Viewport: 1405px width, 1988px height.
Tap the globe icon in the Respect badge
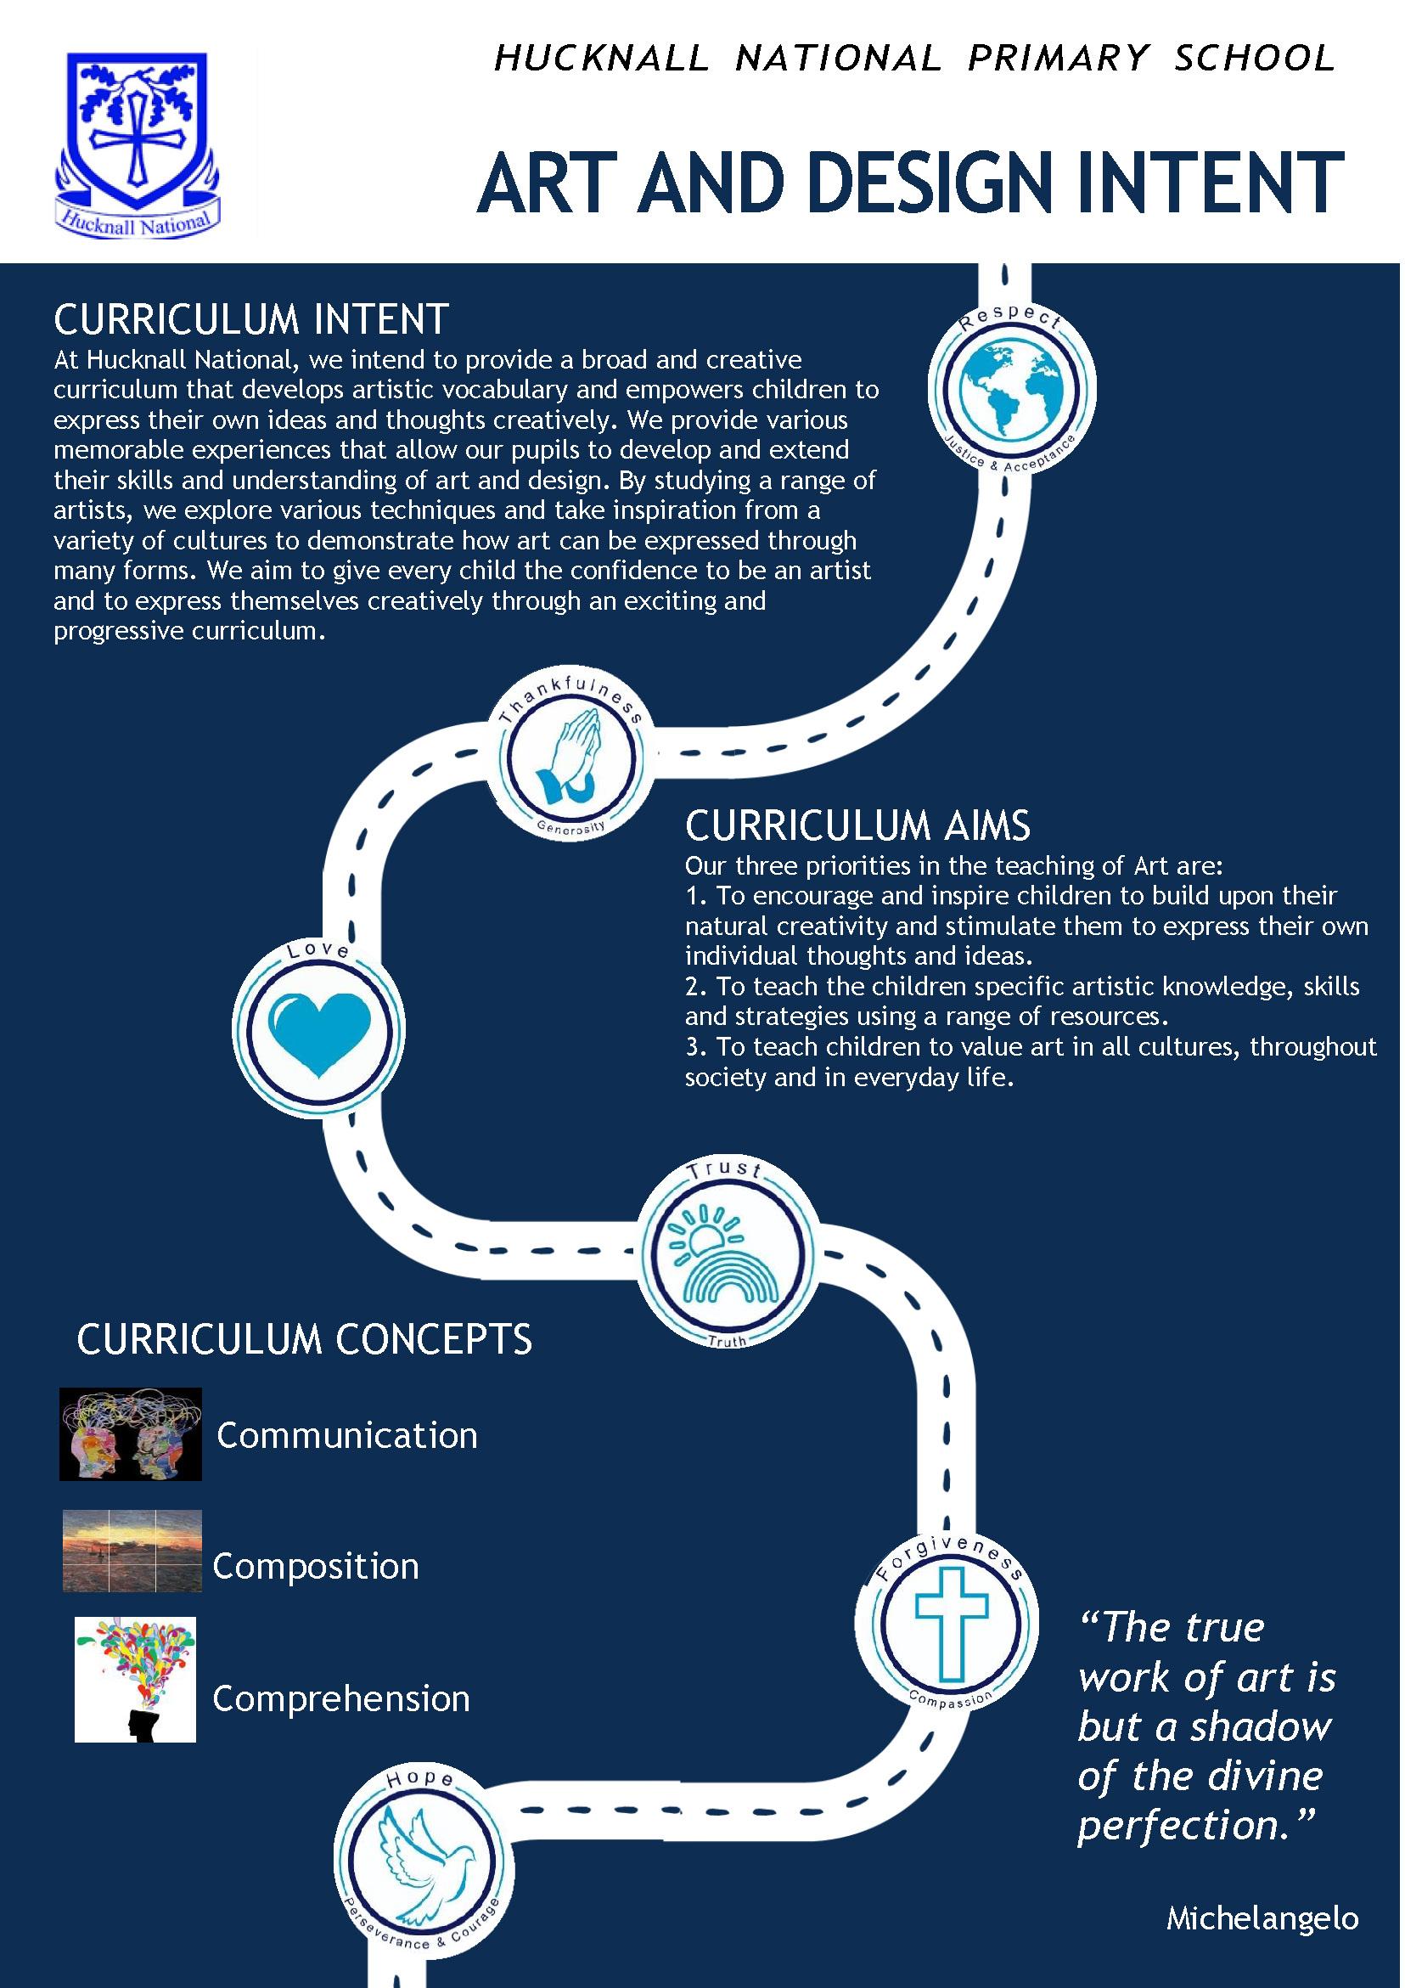click(x=1011, y=389)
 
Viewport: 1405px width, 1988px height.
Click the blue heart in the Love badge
click(x=318, y=1032)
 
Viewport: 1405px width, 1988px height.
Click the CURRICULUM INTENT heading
click(x=251, y=319)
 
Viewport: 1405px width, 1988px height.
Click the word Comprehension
click(x=341, y=1698)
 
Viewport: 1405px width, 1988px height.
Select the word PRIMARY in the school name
click(x=1058, y=58)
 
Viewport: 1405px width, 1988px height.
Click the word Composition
click(x=316, y=1566)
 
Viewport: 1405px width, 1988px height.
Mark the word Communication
click(x=347, y=1435)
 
